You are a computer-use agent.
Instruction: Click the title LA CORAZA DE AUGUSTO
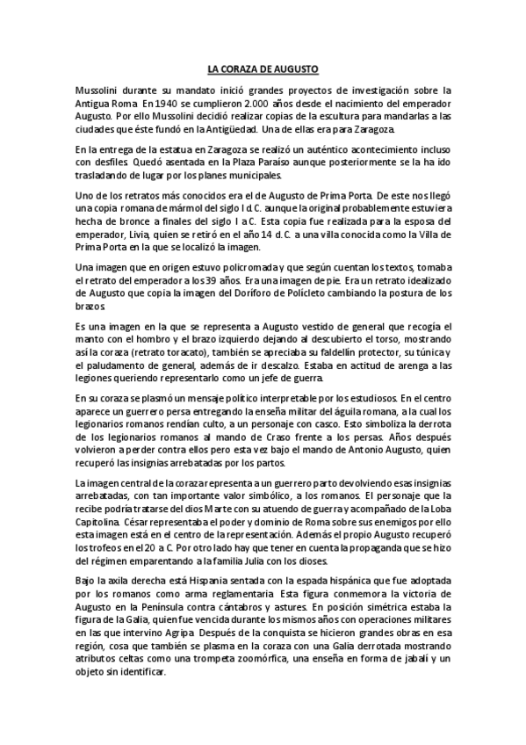click(x=263, y=68)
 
